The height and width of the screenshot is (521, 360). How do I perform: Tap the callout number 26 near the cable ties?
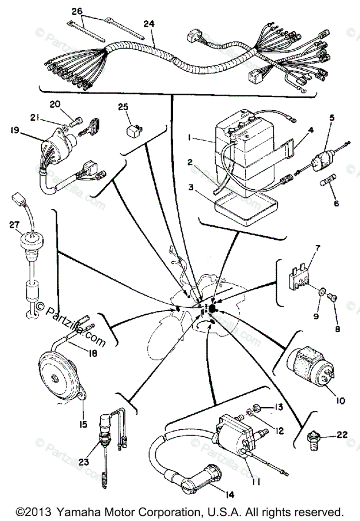click(77, 10)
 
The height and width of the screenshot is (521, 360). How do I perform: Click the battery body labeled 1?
click(243, 156)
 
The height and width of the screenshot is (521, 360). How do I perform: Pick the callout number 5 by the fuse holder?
click(332, 117)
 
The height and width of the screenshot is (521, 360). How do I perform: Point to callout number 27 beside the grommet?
click(14, 225)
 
